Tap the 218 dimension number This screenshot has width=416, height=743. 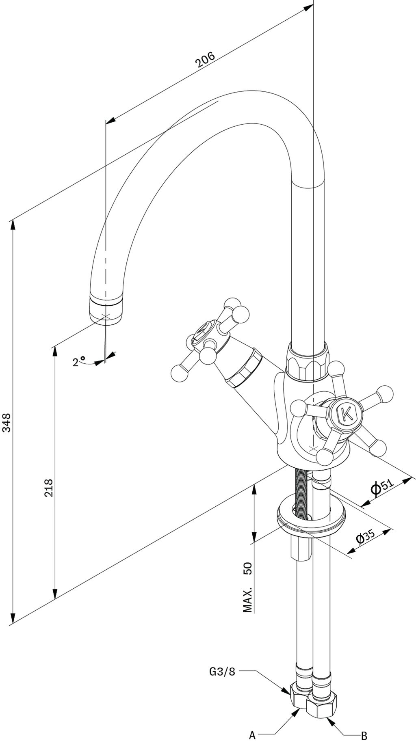(x=49, y=487)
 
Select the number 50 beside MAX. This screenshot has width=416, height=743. (x=248, y=568)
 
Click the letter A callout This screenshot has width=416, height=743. (x=252, y=734)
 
